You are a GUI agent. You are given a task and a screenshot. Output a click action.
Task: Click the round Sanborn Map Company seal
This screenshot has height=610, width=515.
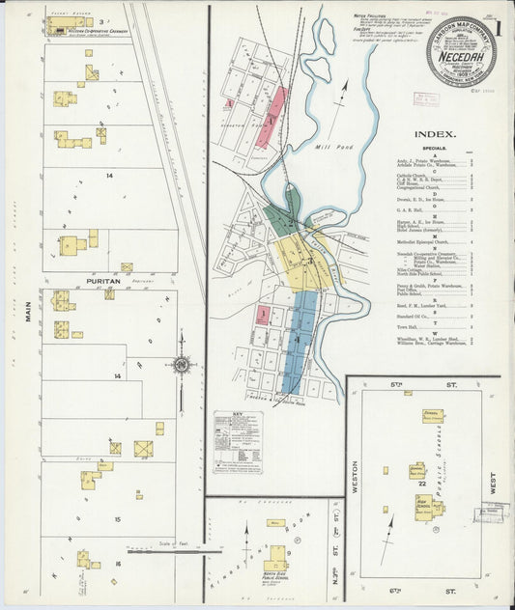[x=461, y=52]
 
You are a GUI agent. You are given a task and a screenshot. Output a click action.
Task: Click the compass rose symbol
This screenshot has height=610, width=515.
[x=181, y=365]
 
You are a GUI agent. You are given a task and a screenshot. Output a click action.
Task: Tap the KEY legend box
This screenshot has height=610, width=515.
[x=237, y=442]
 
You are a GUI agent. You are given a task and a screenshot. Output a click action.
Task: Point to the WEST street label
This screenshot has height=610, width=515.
[x=493, y=483]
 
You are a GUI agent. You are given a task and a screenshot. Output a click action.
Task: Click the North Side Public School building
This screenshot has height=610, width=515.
[x=276, y=558]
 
